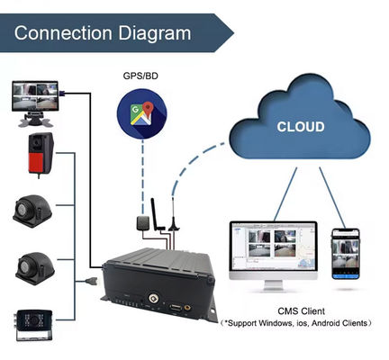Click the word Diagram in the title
coord(158,34)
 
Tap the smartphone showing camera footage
coord(346,253)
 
